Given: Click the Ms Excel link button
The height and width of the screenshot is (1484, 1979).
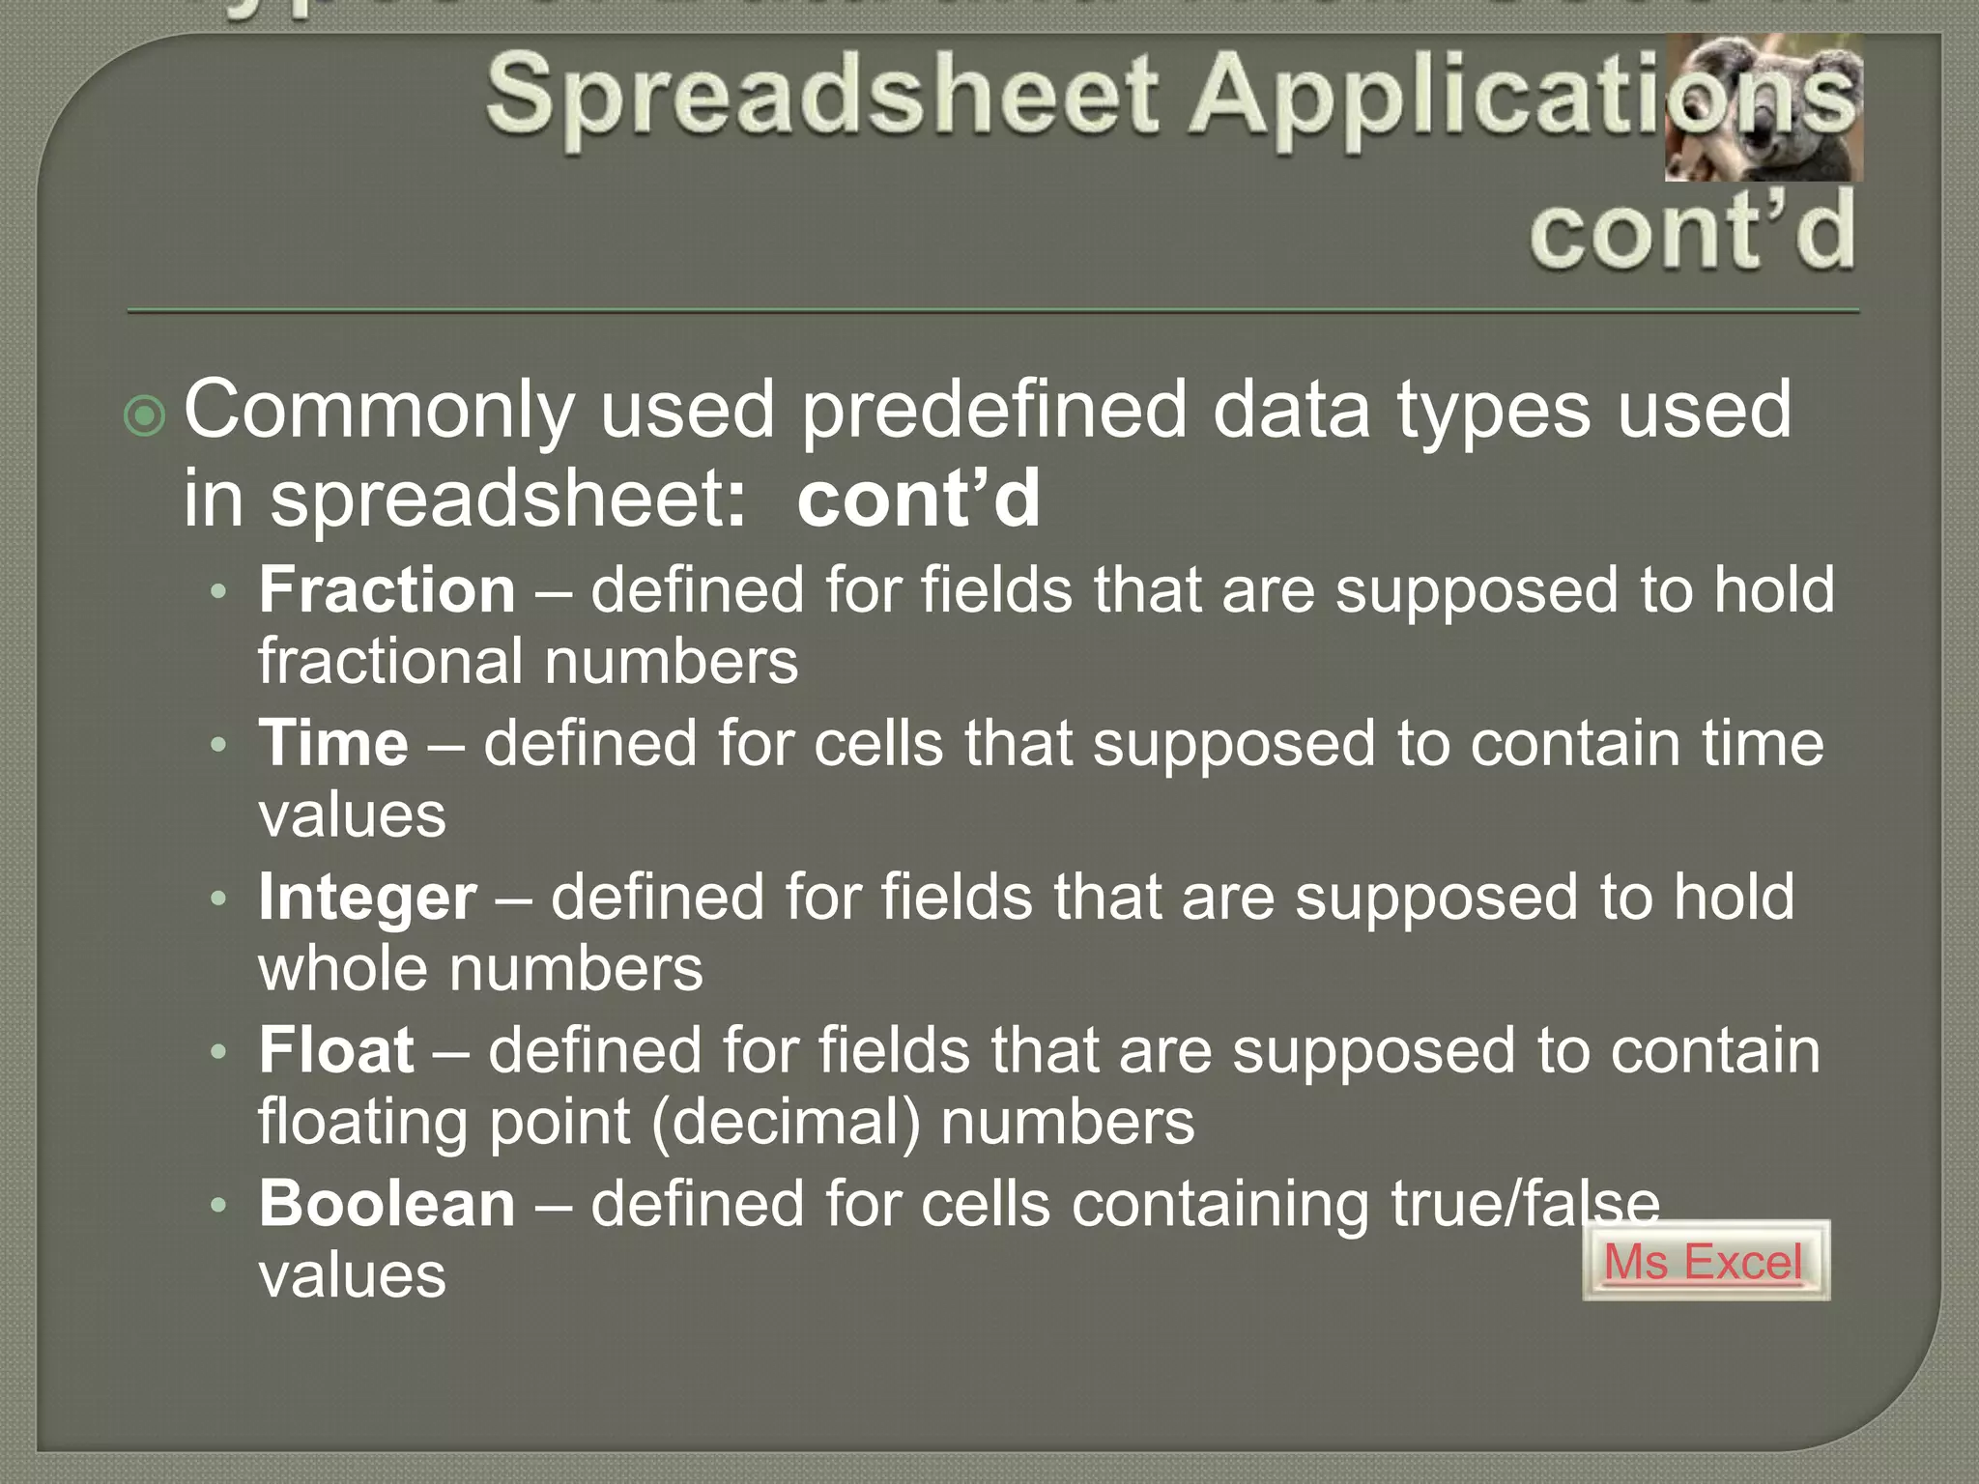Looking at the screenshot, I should [1705, 1261].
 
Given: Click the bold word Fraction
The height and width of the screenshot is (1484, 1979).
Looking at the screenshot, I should [387, 589].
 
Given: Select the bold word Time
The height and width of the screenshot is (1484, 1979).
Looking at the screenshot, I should [333, 743].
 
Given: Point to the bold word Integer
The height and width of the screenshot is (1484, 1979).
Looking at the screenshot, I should [367, 898].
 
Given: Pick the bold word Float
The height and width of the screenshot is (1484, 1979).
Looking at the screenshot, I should [336, 1050].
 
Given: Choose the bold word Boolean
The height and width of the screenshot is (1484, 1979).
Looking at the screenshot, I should [387, 1204].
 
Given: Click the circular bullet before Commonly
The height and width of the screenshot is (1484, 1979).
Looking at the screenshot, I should [145, 416].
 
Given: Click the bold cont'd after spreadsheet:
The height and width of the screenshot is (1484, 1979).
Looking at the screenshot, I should [918, 499].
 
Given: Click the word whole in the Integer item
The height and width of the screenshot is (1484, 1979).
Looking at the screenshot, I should [343, 969].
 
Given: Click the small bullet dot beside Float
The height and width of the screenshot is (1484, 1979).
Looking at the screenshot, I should [219, 1051].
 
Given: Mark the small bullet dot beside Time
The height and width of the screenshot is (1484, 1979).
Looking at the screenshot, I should [219, 744].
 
